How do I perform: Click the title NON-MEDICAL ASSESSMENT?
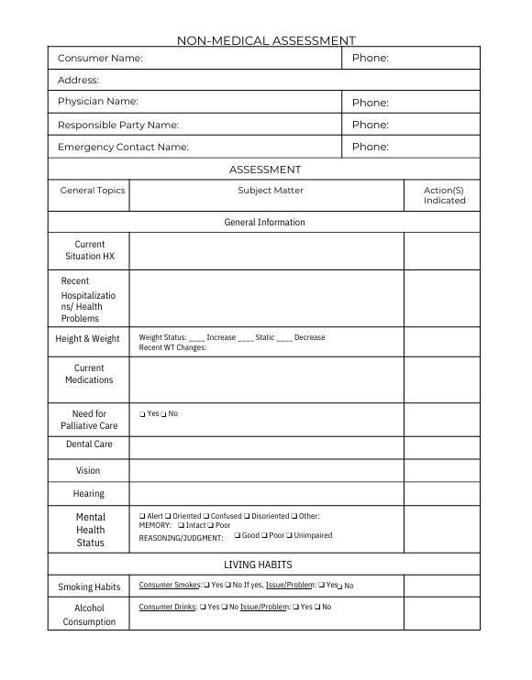tap(265, 40)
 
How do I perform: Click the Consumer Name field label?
tap(100, 58)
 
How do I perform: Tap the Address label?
tap(78, 81)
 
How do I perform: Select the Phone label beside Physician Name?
tap(370, 103)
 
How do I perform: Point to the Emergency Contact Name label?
tap(123, 147)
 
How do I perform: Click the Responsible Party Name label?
tap(118, 125)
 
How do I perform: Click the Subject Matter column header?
tap(270, 191)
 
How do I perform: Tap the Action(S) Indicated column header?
tap(444, 195)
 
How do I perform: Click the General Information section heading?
tap(264, 222)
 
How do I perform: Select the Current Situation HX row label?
tap(90, 250)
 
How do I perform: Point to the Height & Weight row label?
tap(87, 338)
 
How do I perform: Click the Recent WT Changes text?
tap(172, 348)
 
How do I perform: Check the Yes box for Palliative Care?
tap(142, 414)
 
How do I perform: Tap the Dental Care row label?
tap(89, 444)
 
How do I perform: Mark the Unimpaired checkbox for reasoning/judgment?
tap(289, 536)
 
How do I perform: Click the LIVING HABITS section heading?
tap(258, 565)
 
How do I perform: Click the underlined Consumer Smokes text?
tap(169, 585)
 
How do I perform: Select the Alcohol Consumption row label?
tap(89, 615)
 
